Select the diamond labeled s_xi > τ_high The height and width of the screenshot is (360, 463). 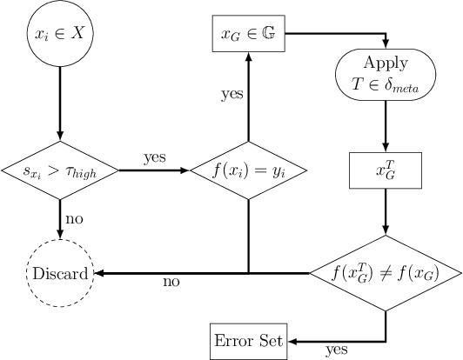[60, 170]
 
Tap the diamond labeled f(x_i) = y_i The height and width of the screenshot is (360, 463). [249, 170]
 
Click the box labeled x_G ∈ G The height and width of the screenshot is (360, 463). [249, 34]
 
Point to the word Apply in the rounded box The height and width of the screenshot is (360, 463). [385, 65]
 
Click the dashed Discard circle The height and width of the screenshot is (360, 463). [60, 274]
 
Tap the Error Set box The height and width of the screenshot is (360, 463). [249, 339]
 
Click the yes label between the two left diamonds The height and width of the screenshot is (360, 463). [155, 158]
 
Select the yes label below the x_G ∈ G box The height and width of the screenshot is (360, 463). [231, 95]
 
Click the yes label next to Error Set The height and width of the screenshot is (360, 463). [336, 350]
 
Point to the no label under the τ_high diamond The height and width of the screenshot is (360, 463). [74, 219]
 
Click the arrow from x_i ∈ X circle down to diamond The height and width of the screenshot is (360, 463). [60, 104]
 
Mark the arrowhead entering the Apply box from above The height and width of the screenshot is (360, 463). [385, 46]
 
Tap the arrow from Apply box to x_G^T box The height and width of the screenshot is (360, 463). [385, 126]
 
